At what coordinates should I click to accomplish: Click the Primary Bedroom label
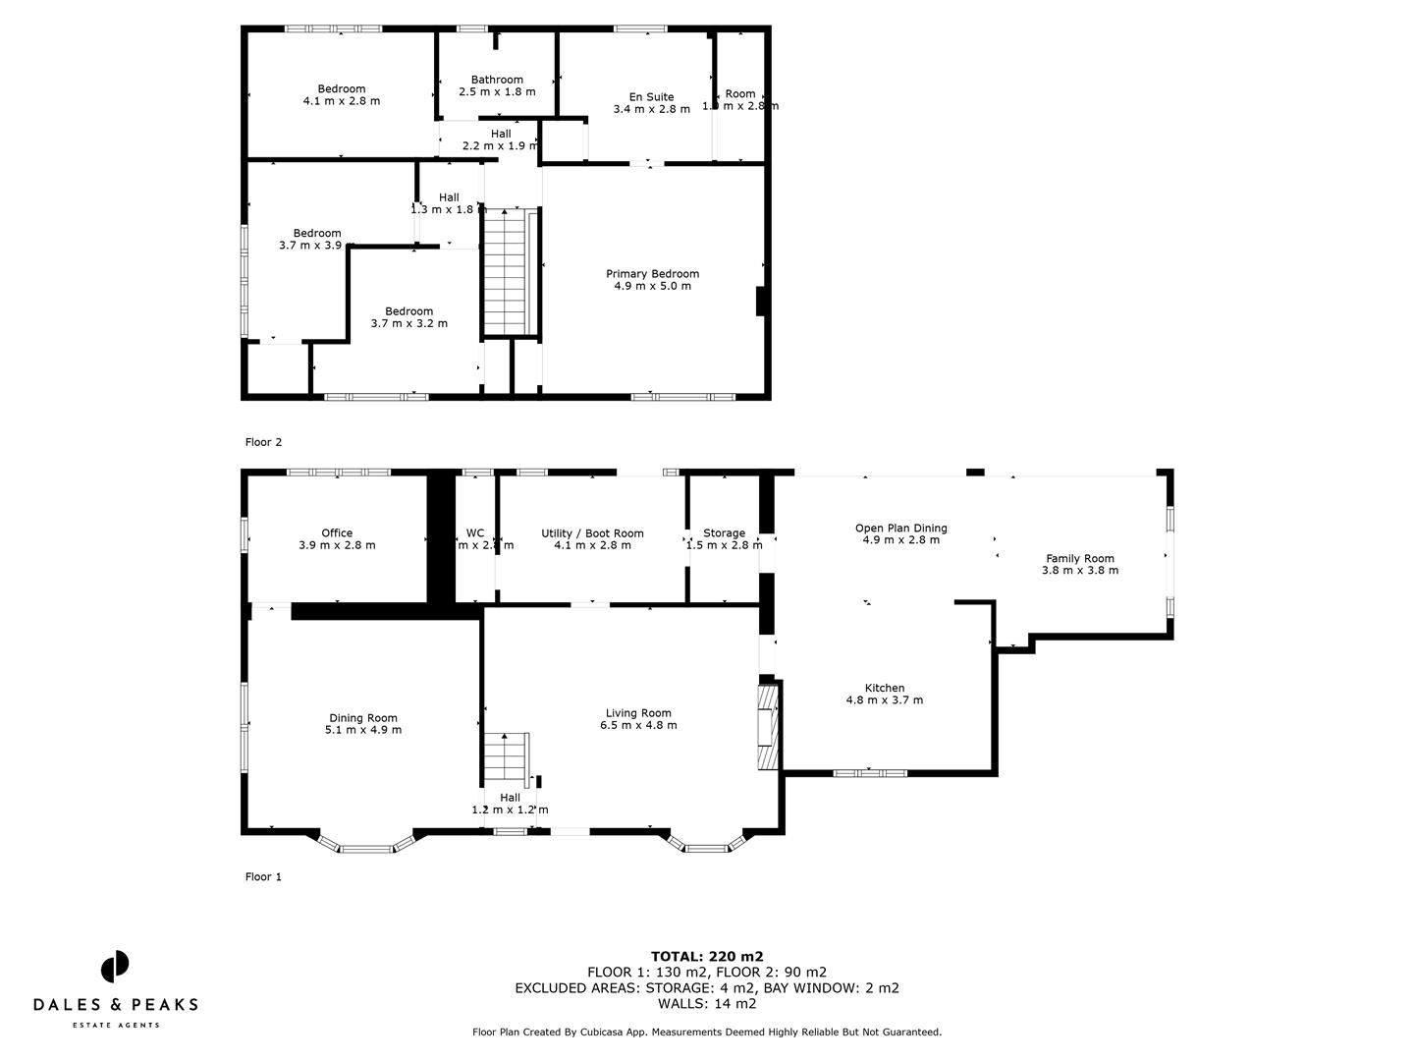pos(652,280)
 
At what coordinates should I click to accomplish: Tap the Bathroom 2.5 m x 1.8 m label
pos(497,85)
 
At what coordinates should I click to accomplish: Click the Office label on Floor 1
pos(337,538)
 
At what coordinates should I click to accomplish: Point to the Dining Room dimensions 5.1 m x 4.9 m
pos(363,730)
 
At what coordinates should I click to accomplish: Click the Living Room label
pos(638,719)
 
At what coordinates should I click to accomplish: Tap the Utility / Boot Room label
pos(592,538)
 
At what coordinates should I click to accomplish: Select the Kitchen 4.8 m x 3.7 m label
pos(884,694)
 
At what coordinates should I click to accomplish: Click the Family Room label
pos(1079,564)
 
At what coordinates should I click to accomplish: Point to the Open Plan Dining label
pos(900,533)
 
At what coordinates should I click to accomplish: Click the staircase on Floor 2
pos(508,272)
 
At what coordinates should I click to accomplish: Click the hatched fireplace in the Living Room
pos(767,728)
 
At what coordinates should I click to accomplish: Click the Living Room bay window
pos(707,844)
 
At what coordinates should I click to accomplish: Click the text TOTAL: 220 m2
pos(707,956)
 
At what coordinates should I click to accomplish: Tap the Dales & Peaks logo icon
pos(115,966)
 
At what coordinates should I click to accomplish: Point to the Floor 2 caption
pos(263,442)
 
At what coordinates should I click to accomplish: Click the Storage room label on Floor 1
pos(724,538)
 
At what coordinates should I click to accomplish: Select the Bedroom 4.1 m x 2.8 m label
pos(341,94)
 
